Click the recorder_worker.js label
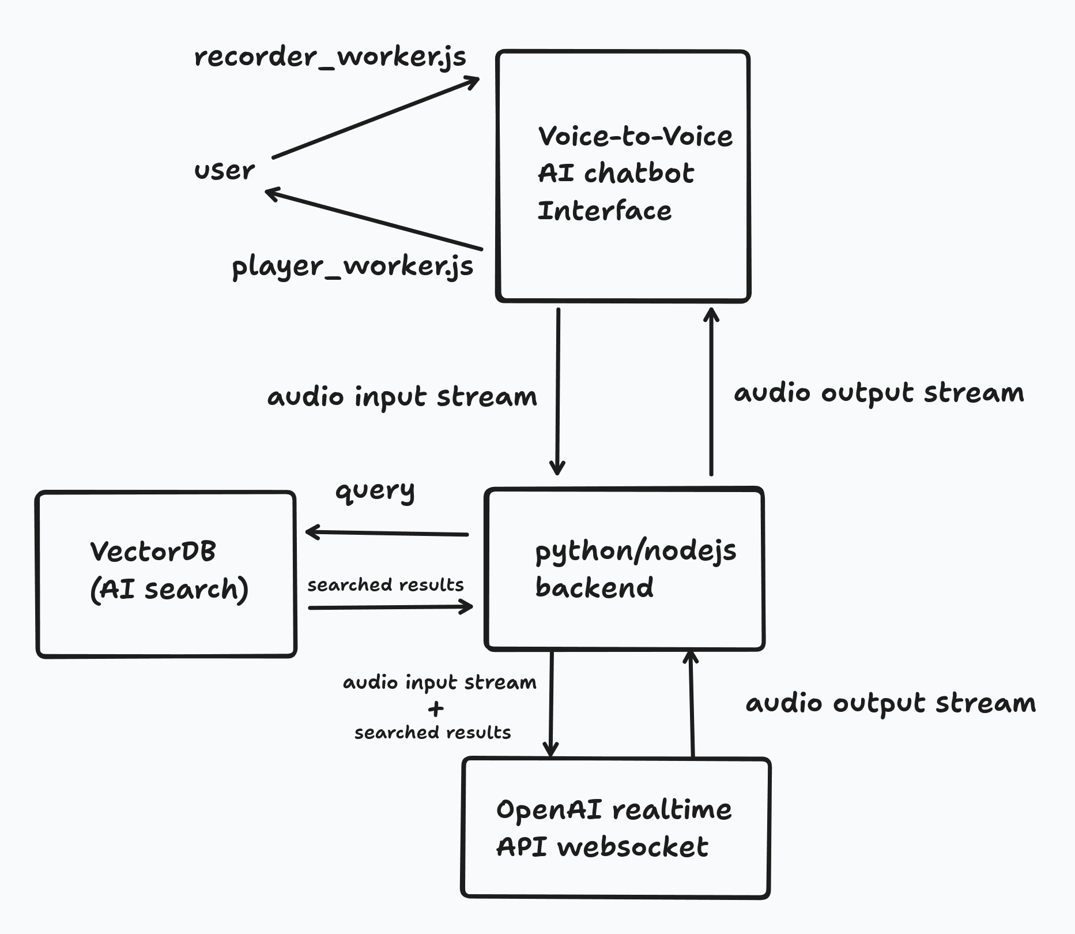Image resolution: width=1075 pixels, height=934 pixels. (330, 57)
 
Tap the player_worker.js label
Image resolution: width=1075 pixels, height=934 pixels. (352, 267)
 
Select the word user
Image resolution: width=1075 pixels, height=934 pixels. (224, 171)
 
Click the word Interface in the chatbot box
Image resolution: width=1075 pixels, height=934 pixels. (604, 211)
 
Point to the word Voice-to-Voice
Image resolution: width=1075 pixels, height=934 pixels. (635, 137)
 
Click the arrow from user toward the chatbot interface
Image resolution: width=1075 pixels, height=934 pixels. (375, 118)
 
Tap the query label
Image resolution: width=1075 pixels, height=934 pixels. (375, 491)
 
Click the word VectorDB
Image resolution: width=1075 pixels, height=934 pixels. (153, 552)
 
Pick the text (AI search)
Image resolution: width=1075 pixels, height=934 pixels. (169, 589)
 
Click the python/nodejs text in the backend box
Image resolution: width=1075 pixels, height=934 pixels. (635, 550)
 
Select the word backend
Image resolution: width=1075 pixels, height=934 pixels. (594, 587)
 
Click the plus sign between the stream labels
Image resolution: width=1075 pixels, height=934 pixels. (436, 708)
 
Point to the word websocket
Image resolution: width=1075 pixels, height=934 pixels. (632, 847)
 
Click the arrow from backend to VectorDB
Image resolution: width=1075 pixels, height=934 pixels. (386, 533)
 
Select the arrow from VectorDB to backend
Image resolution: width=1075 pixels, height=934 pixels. (390, 607)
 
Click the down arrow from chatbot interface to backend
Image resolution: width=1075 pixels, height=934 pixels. (557, 392)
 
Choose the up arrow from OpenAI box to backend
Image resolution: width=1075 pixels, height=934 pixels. (691, 704)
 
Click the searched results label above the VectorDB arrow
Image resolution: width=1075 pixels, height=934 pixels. (385, 585)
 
